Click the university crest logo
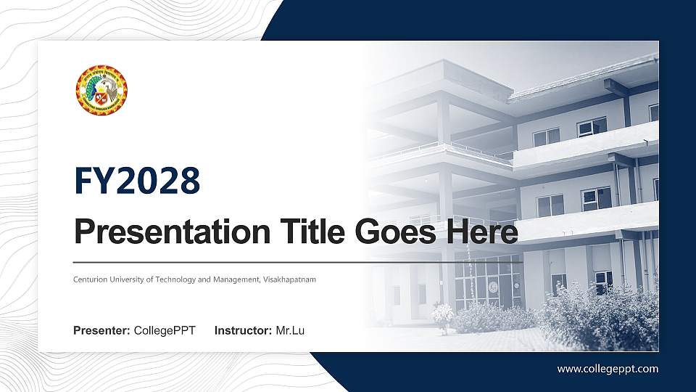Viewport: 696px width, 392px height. click(101, 90)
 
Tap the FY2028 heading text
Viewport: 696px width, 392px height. click(137, 181)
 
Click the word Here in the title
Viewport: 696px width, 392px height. click(483, 233)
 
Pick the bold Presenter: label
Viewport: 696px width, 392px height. click(101, 331)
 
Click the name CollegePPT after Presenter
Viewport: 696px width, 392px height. click(165, 331)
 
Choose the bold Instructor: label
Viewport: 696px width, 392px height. click(244, 331)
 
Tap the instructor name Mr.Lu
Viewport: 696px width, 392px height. click(290, 331)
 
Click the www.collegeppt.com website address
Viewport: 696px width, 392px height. click(608, 369)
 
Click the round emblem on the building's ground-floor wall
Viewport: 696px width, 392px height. click(494, 285)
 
